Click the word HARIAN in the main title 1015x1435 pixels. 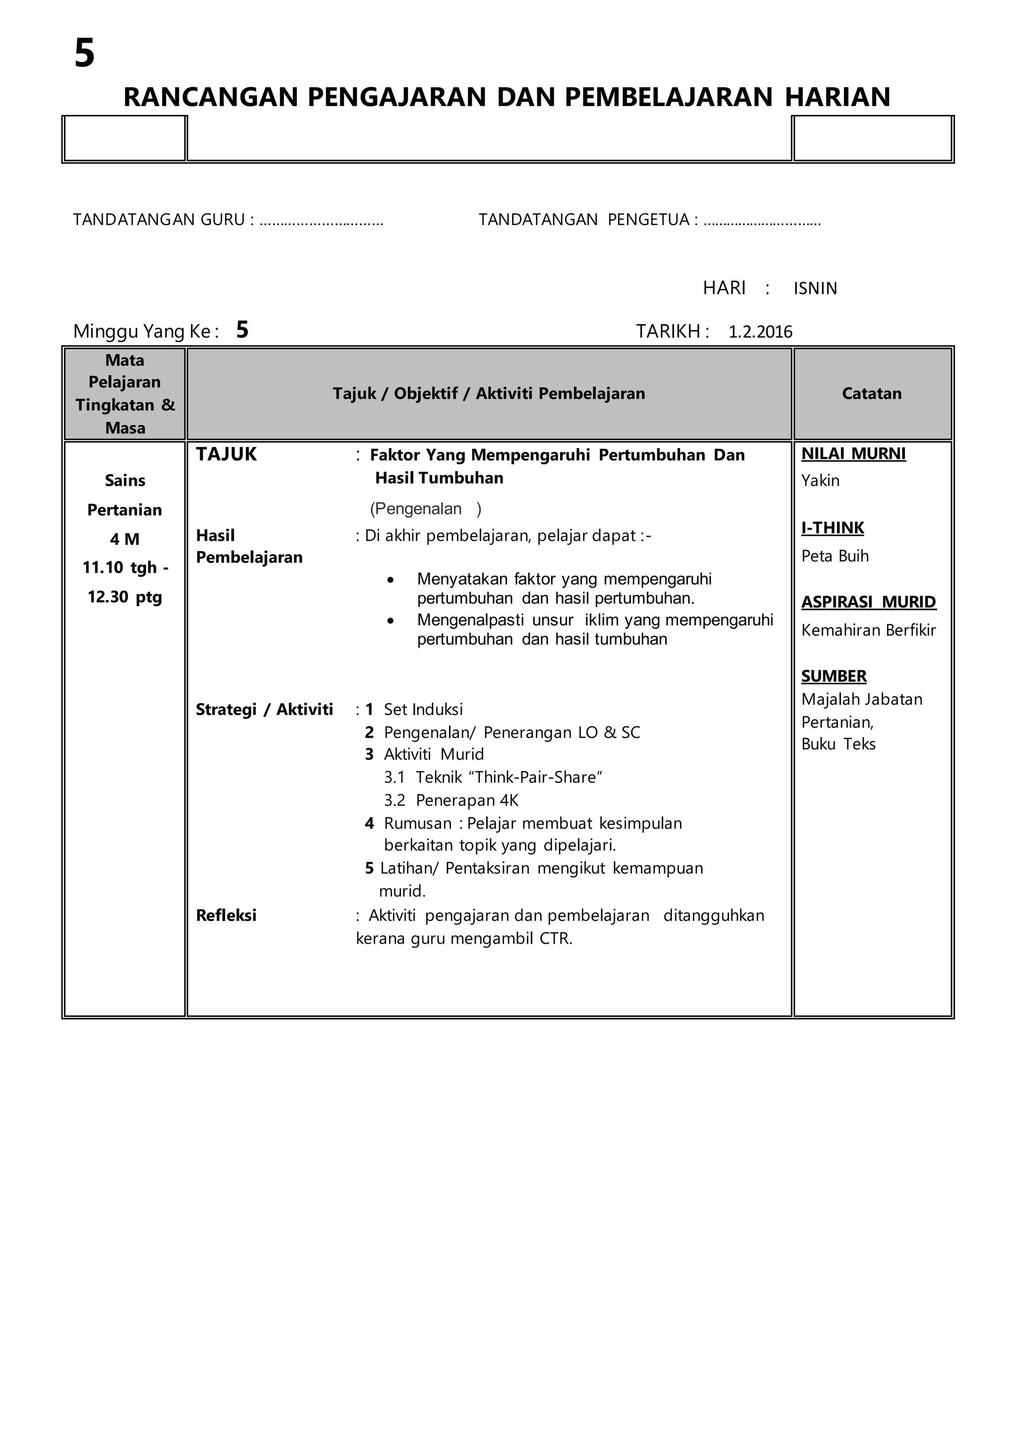837,98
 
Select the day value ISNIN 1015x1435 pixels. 815,289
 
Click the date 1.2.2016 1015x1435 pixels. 760,332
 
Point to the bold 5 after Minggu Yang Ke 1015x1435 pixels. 242,330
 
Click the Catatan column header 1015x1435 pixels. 871,394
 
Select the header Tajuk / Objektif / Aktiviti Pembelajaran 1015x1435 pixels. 488,394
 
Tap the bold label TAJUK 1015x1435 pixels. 226,455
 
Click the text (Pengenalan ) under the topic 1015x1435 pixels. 425,509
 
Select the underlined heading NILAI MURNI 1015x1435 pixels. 853,454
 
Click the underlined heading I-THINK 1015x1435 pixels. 833,528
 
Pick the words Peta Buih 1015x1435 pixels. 835,556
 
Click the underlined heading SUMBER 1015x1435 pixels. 834,676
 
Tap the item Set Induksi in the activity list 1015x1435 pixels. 423,710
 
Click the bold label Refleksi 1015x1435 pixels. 226,916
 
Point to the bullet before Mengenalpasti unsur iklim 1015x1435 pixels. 391,621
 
